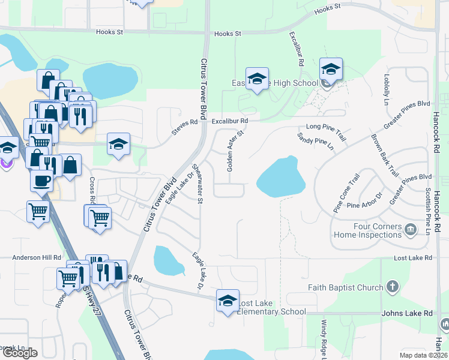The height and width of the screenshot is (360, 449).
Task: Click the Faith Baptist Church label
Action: tap(345, 287)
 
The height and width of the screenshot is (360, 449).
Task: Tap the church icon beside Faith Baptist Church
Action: tap(393, 287)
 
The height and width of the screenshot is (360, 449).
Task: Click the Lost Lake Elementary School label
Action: tap(272, 307)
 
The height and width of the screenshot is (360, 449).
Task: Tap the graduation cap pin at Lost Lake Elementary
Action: tap(228, 301)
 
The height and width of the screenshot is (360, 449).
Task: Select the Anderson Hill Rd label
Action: tap(37, 257)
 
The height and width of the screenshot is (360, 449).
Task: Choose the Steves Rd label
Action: tap(185, 125)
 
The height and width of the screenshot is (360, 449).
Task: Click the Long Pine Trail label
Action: tap(326, 127)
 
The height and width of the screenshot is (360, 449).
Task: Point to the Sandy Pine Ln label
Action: tap(316, 142)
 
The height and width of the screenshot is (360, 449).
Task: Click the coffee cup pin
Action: tap(41, 179)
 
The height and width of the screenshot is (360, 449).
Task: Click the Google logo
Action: tap(19, 353)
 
